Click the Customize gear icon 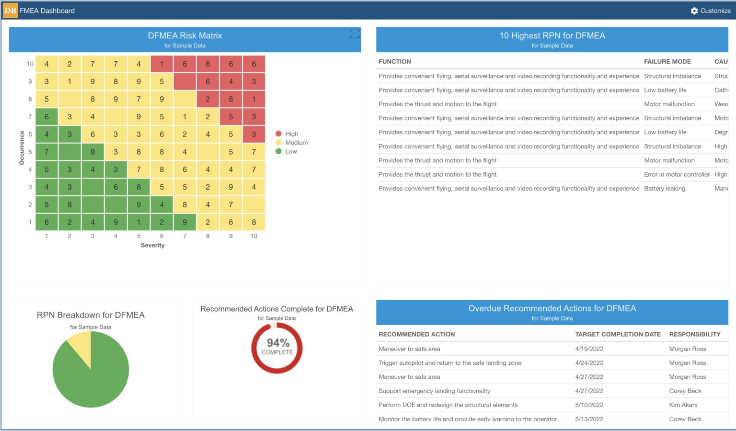694,11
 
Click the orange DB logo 11,11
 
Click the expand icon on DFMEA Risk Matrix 354,34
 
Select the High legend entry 291,134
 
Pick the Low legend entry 291,151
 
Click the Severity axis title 152,245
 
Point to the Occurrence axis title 22,148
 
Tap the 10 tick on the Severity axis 253,236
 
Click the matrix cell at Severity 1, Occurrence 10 46,64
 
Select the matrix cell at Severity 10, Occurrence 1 253,222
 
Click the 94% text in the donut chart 278,343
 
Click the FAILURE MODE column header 667,62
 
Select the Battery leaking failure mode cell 664,189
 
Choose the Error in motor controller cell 677,175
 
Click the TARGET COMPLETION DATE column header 618,334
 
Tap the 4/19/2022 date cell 589,349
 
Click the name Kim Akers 683,405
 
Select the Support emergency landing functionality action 434,391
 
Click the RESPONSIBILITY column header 694,334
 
